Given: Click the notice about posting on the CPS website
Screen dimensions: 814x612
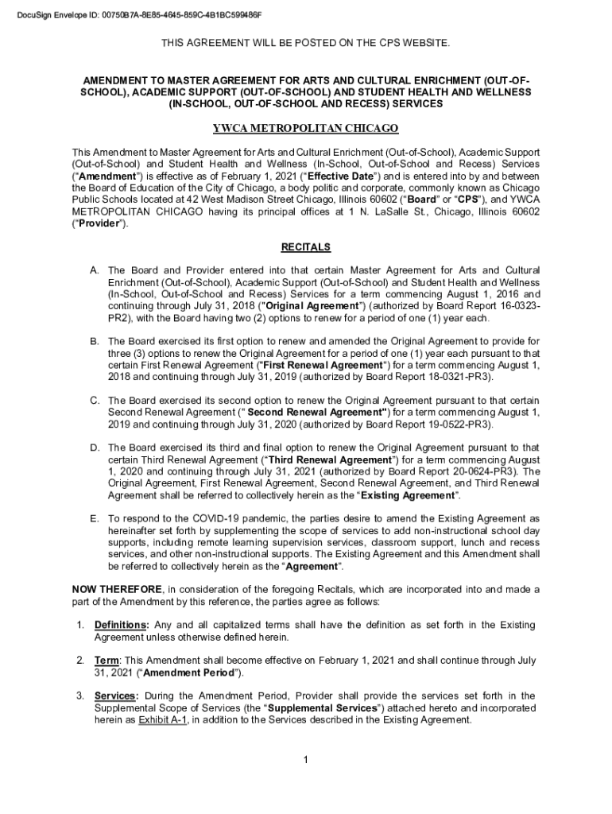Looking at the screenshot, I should point(306,45).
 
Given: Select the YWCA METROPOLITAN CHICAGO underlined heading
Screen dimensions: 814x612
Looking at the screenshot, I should point(306,129).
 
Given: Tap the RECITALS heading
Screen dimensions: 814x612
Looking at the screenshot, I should point(306,247).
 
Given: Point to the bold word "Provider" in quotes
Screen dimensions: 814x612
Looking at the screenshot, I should point(99,224).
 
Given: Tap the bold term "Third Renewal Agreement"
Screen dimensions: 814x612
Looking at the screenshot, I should point(331,459).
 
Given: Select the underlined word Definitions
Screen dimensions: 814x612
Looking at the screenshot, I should point(120,625).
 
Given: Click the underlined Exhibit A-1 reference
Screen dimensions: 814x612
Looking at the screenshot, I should point(162,720).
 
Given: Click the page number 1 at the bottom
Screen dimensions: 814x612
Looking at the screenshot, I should point(305,760).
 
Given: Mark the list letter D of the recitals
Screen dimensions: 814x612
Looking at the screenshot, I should point(95,448).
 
